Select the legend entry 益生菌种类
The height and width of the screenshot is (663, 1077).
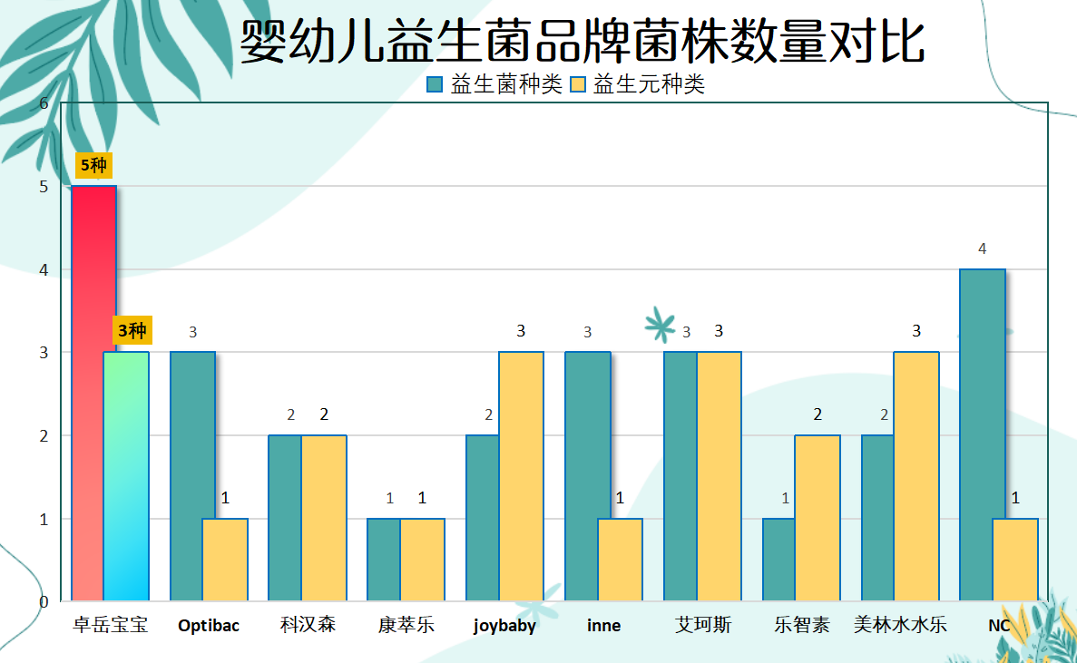click(x=494, y=84)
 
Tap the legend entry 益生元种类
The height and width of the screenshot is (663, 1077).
click(x=638, y=84)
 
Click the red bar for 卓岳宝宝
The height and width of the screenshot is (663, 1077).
click(x=93, y=394)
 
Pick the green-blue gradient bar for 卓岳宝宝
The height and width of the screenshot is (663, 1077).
click(x=126, y=476)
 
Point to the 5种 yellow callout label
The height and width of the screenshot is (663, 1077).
click(x=93, y=165)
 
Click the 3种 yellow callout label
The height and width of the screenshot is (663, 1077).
click(x=132, y=331)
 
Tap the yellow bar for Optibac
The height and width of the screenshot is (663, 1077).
click(x=225, y=560)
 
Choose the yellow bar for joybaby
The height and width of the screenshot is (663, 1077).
click(x=522, y=476)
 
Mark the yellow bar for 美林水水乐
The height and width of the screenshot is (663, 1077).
click(x=916, y=476)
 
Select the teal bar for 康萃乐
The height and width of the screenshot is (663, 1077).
click(x=384, y=560)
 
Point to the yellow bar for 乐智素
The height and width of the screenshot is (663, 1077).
click(x=818, y=518)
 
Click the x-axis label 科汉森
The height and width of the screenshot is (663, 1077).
click(x=308, y=625)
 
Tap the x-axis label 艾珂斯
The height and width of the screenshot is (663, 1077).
click(x=702, y=625)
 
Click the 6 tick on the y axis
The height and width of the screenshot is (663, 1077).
click(x=44, y=103)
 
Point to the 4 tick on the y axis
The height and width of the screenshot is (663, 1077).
click(x=44, y=269)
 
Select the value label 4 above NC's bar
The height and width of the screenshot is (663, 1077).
click(x=983, y=249)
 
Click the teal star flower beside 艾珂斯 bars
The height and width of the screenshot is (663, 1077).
click(x=660, y=325)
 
